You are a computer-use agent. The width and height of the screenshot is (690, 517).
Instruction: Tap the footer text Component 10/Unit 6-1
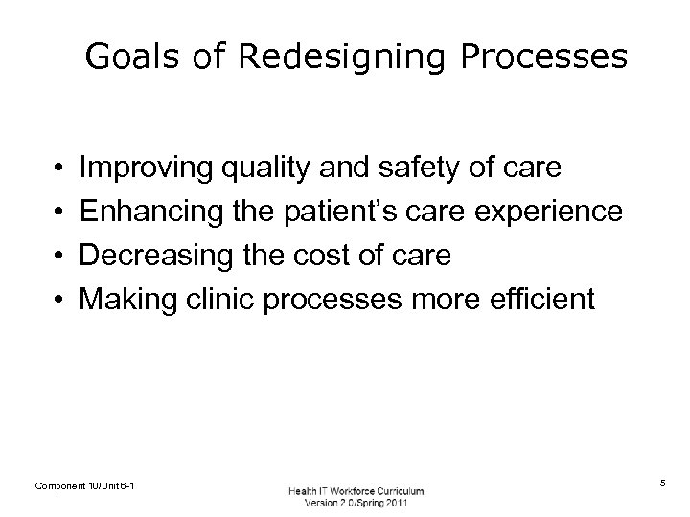pos(84,487)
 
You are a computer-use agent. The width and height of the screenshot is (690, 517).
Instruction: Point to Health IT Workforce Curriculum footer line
pos(356,491)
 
